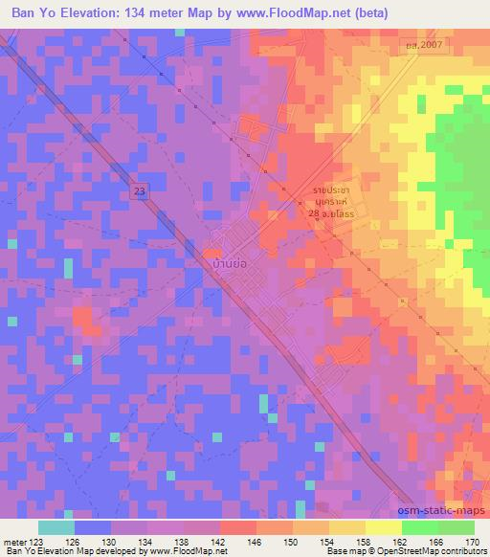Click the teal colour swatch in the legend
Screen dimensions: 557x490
pos(56,527)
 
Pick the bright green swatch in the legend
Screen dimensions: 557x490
pos(419,527)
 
